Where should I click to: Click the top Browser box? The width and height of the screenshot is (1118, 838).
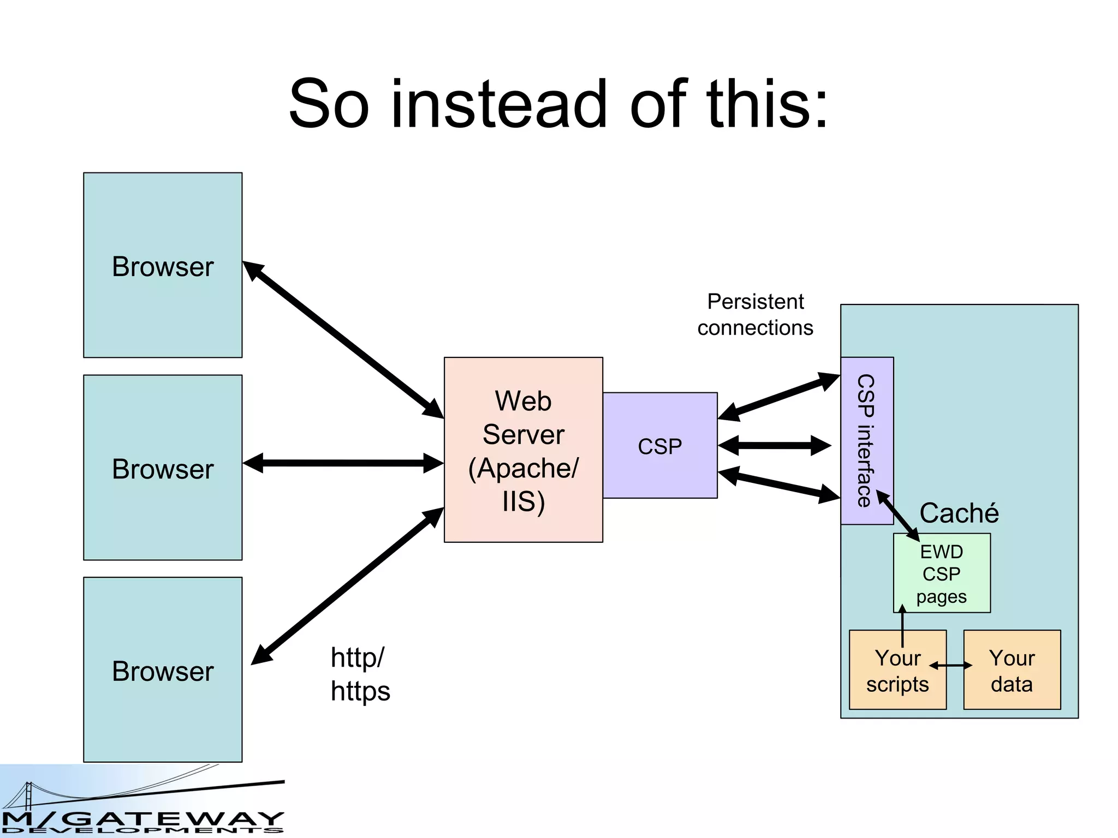tap(163, 265)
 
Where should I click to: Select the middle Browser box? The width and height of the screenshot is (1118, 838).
tap(163, 468)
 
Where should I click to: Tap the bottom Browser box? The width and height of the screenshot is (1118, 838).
tap(163, 670)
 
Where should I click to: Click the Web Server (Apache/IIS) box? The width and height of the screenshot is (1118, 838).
tap(523, 450)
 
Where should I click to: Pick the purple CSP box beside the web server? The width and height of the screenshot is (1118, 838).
tap(659, 446)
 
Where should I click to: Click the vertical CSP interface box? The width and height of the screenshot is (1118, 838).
tap(866, 440)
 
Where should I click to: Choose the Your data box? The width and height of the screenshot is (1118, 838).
tap(1012, 671)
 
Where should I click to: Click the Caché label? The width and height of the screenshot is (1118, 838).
tap(959, 513)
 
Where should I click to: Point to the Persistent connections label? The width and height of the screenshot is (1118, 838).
tap(755, 315)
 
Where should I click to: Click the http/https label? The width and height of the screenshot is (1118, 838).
tap(360, 674)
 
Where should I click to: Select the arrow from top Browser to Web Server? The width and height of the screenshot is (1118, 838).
tap(343, 340)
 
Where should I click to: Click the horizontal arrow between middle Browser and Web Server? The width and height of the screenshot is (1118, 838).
tap(343, 463)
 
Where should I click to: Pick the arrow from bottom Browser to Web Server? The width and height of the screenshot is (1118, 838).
tap(347, 586)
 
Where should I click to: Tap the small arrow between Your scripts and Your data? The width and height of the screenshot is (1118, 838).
tap(950, 666)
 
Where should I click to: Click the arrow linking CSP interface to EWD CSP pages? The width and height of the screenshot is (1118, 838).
tap(898, 516)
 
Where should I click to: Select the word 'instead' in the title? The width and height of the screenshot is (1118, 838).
tap(499, 104)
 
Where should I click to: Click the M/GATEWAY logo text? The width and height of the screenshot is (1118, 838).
tap(143, 821)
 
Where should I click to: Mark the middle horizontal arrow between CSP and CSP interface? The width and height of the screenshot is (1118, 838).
tap(774, 446)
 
